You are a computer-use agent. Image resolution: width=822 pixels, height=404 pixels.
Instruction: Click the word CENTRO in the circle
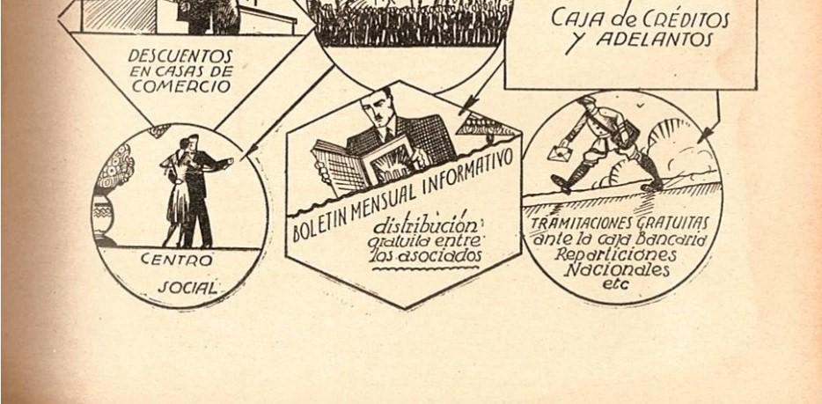point(176,261)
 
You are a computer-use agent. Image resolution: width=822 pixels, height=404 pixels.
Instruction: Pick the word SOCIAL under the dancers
point(187,288)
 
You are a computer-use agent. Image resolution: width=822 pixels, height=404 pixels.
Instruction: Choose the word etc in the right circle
point(611,285)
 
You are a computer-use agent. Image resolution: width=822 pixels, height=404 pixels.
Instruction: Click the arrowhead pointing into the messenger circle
point(704,136)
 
